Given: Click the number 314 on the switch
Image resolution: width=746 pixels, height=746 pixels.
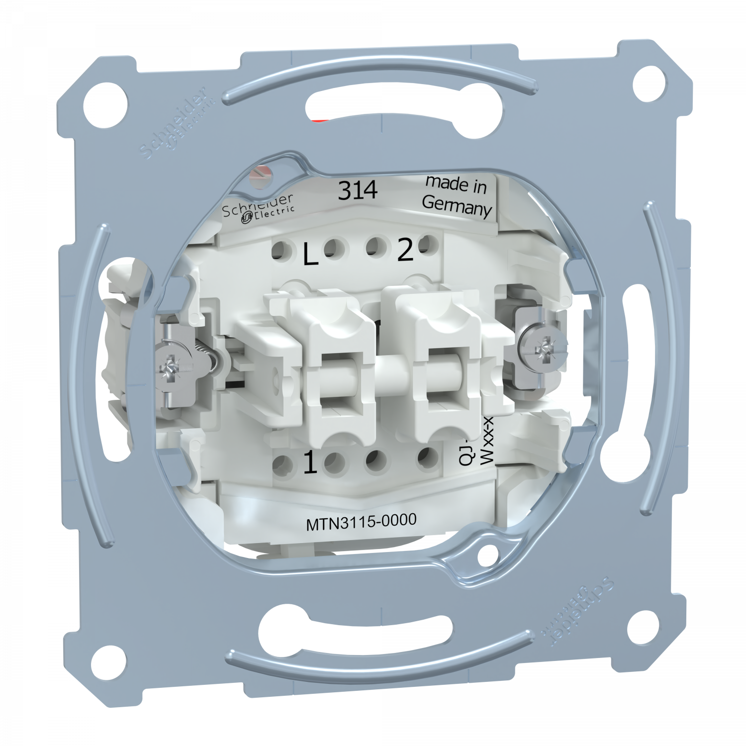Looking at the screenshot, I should point(358,190).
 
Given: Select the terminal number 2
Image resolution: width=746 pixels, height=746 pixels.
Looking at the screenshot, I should point(404,253).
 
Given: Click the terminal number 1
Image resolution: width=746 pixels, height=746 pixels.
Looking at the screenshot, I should point(309,465).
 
